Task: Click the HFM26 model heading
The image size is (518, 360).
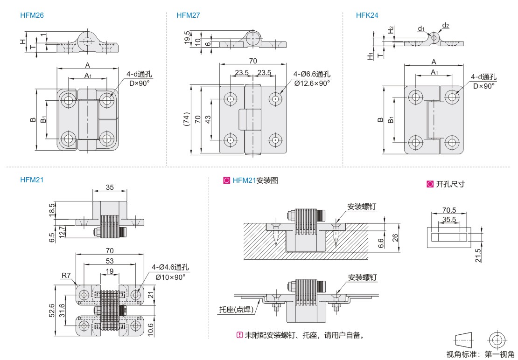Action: (x=32, y=15)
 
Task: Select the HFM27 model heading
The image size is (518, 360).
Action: (x=189, y=15)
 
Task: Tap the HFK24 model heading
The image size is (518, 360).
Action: (x=367, y=15)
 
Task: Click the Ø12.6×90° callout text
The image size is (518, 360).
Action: (x=312, y=83)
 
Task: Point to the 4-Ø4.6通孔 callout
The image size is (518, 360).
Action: (x=170, y=268)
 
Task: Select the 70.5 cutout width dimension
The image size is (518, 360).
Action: (x=448, y=210)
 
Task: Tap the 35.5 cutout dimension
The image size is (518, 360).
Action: (x=448, y=219)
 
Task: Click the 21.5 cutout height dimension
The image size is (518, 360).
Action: (x=478, y=255)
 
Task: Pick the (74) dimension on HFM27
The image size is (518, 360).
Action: (x=186, y=119)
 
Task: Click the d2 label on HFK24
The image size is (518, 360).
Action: (x=446, y=25)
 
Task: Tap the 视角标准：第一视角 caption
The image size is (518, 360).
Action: (x=480, y=354)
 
